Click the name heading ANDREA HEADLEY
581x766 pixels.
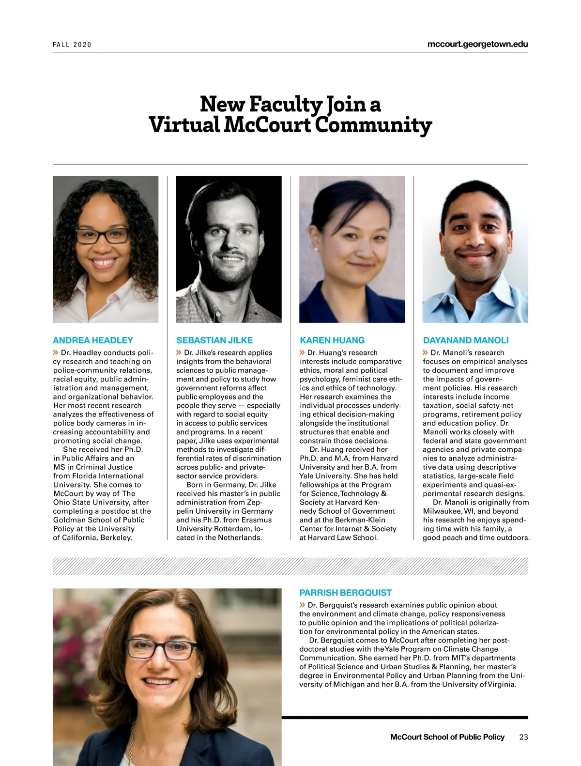click(x=92, y=340)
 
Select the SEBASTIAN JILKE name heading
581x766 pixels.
click(x=214, y=340)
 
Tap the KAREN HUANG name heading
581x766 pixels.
click(x=332, y=340)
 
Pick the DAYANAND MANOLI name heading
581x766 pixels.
click(x=466, y=340)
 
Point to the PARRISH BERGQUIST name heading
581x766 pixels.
click(x=345, y=593)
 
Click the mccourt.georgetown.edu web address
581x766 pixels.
click(x=477, y=44)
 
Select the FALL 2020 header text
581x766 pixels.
click(x=72, y=45)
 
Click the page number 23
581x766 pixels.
click(x=523, y=737)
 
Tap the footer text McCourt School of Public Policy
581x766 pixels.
click(x=447, y=737)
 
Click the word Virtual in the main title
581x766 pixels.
click(x=184, y=125)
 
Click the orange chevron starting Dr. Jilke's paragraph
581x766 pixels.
click(x=179, y=352)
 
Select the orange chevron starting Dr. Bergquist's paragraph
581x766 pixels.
click(x=302, y=605)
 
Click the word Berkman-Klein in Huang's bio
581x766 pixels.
click(x=361, y=520)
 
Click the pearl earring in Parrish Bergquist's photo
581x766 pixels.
click(x=199, y=673)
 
